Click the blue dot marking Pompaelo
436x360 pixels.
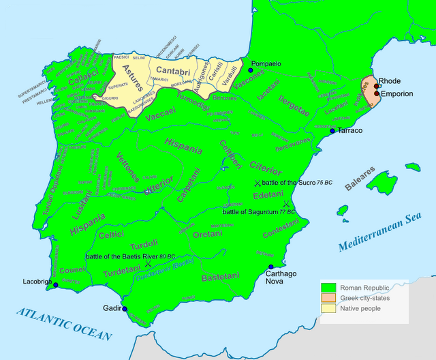[x=251, y=70]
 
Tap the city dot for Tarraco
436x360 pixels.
[x=332, y=130]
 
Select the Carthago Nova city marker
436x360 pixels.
[x=271, y=267]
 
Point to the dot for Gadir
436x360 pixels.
[x=125, y=309]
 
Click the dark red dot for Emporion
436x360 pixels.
[x=376, y=93]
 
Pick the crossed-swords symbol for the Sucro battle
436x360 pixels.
[x=257, y=183]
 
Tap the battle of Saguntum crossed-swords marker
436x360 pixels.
[x=287, y=204]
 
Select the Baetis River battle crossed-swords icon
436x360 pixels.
[x=147, y=265]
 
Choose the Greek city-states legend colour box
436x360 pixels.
[x=330, y=298]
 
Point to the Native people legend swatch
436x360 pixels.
[x=330, y=309]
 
